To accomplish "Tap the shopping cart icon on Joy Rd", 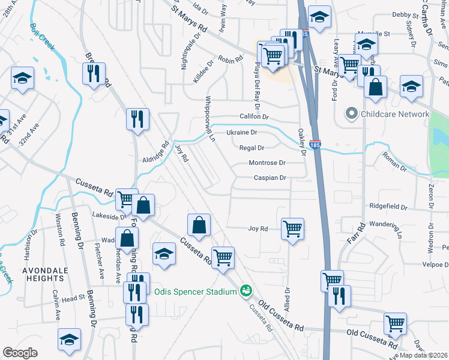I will click(292, 228).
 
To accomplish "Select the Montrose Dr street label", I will click(267, 163).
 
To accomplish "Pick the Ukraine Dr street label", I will click(241, 133).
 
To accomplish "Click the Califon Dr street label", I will click(255, 117).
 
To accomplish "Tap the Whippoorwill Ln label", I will click(209, 118).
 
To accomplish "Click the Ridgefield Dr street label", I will click(388, 206).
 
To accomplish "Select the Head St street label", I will click(73, 298).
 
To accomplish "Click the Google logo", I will click(20, 353).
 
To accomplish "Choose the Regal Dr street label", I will click(252, 148).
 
